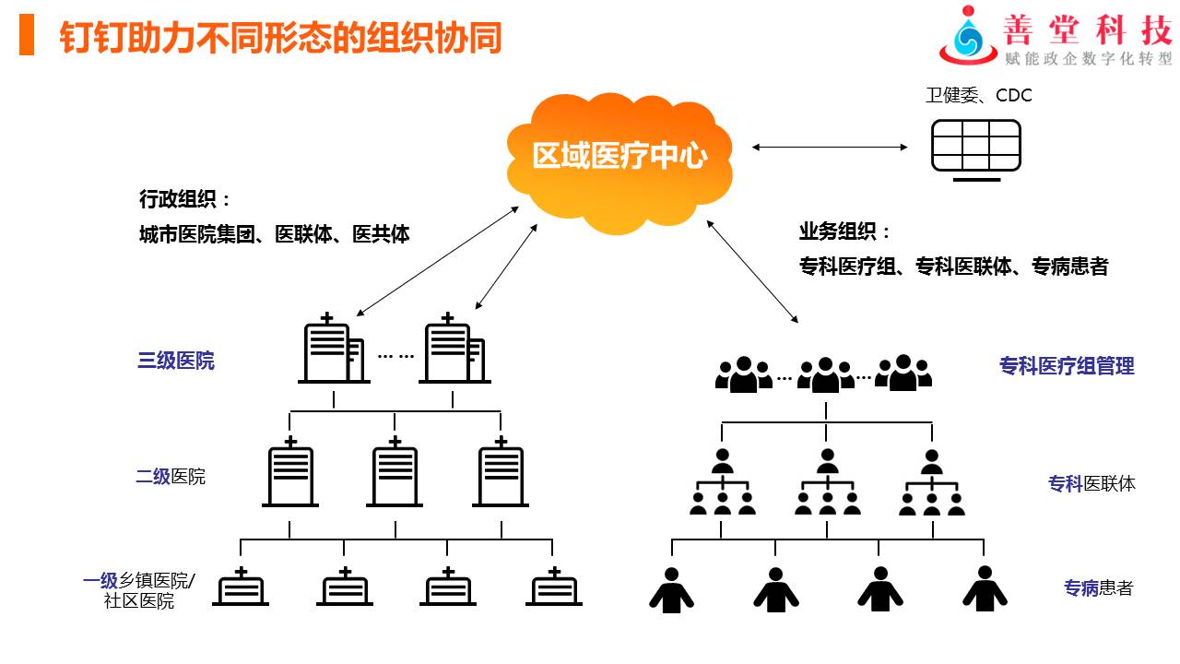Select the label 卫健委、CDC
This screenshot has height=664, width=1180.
[x=978, y=95]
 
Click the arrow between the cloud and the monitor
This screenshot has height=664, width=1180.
[x=830, y=147]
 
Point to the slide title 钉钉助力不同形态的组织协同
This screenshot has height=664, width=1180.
[x=280, y=39]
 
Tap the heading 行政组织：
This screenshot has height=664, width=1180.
[x=184, y=199]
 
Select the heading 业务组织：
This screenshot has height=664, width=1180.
[x=844, y=232]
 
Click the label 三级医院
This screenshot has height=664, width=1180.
[x=176, y=361]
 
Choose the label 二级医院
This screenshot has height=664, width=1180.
[x=171, y=477]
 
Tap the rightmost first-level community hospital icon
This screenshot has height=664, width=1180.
[x=555, y=587]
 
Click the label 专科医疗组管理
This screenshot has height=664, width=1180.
[x=1067, y=366]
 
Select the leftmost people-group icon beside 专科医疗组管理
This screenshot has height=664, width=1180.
[x=743, y=373]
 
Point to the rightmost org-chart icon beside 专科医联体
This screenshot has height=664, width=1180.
[x=932, y=483]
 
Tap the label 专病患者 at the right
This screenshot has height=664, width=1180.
[x=1098, y=588]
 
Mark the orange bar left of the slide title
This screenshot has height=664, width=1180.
[x=27, y=38]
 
